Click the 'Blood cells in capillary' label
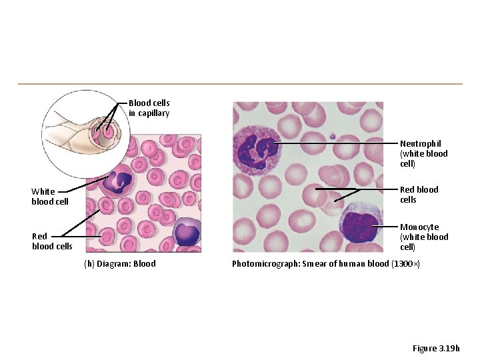click(x=149, y=108)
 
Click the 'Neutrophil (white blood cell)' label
click(x=423, y=153)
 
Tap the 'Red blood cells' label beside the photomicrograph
click(x=419, y=195)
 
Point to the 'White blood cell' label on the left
click(x=50, y=197)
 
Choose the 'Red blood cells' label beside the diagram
click(x=52, y=241)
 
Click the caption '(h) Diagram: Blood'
click(x=120, y=264)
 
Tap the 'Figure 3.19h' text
click(x=436, y=349)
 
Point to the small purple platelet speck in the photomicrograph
click(x=331, y=136)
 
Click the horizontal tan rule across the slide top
click(x=240, y=84)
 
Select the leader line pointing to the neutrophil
click(x=337, y=143)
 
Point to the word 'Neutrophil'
click(x=420, y=143)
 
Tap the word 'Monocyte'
click(x=419, y=227)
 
